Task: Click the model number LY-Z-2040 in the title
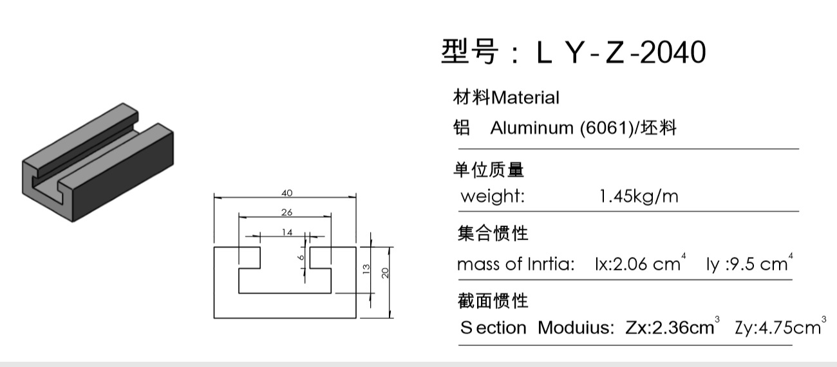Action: pyautogui.click(x=621, y=52)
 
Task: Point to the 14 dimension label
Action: pyautogui.click(x=287, y=231)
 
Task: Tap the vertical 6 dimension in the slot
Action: pyautogui.click(x=301, y=258)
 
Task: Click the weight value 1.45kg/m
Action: pyautogui.click(x=638, y=196)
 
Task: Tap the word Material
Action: pyautogui.click(x=525, y=98)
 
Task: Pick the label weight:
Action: pyautogui.click(x=493, y=196)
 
